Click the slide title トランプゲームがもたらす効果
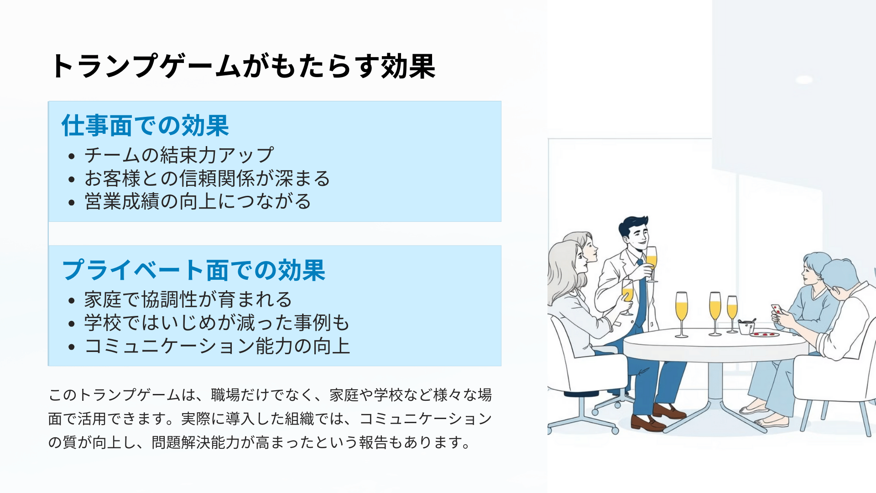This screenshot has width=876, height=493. pos(243,66)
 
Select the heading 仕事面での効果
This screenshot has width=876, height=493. pos(145,126)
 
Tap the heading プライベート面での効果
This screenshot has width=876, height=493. pos(193,270)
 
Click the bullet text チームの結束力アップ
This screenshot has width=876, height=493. pos(179,155)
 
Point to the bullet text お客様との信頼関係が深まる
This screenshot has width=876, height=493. pos(207,178)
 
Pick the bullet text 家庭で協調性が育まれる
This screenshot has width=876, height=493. pos(188,300)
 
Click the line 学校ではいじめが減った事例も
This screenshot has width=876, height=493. pos(217,323)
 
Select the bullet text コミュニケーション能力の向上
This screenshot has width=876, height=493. pos(217,346)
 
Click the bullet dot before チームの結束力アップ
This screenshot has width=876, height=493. pos(71,157)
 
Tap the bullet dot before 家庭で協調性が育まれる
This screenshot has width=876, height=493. pos(71,301)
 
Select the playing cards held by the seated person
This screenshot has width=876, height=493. pos(777,309)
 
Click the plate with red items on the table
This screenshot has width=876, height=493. pos(765,335)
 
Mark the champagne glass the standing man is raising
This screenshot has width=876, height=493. pos(652,264)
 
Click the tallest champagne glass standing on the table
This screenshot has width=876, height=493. pos(681,315)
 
